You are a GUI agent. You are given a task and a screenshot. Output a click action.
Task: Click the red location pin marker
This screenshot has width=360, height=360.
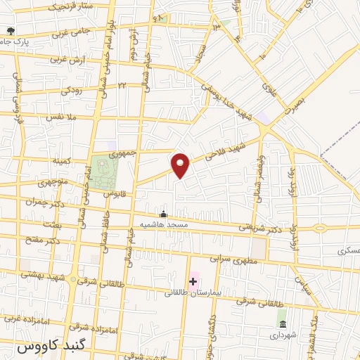point(181,165)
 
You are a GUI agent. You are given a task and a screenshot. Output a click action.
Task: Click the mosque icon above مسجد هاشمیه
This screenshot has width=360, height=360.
point(164,214)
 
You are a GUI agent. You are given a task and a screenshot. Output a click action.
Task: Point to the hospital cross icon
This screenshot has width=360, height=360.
point(193,281)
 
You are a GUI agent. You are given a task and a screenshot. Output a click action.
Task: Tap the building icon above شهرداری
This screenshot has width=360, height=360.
point(282,324)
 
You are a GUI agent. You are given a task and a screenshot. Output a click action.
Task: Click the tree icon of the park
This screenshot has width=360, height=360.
point(10,30)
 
